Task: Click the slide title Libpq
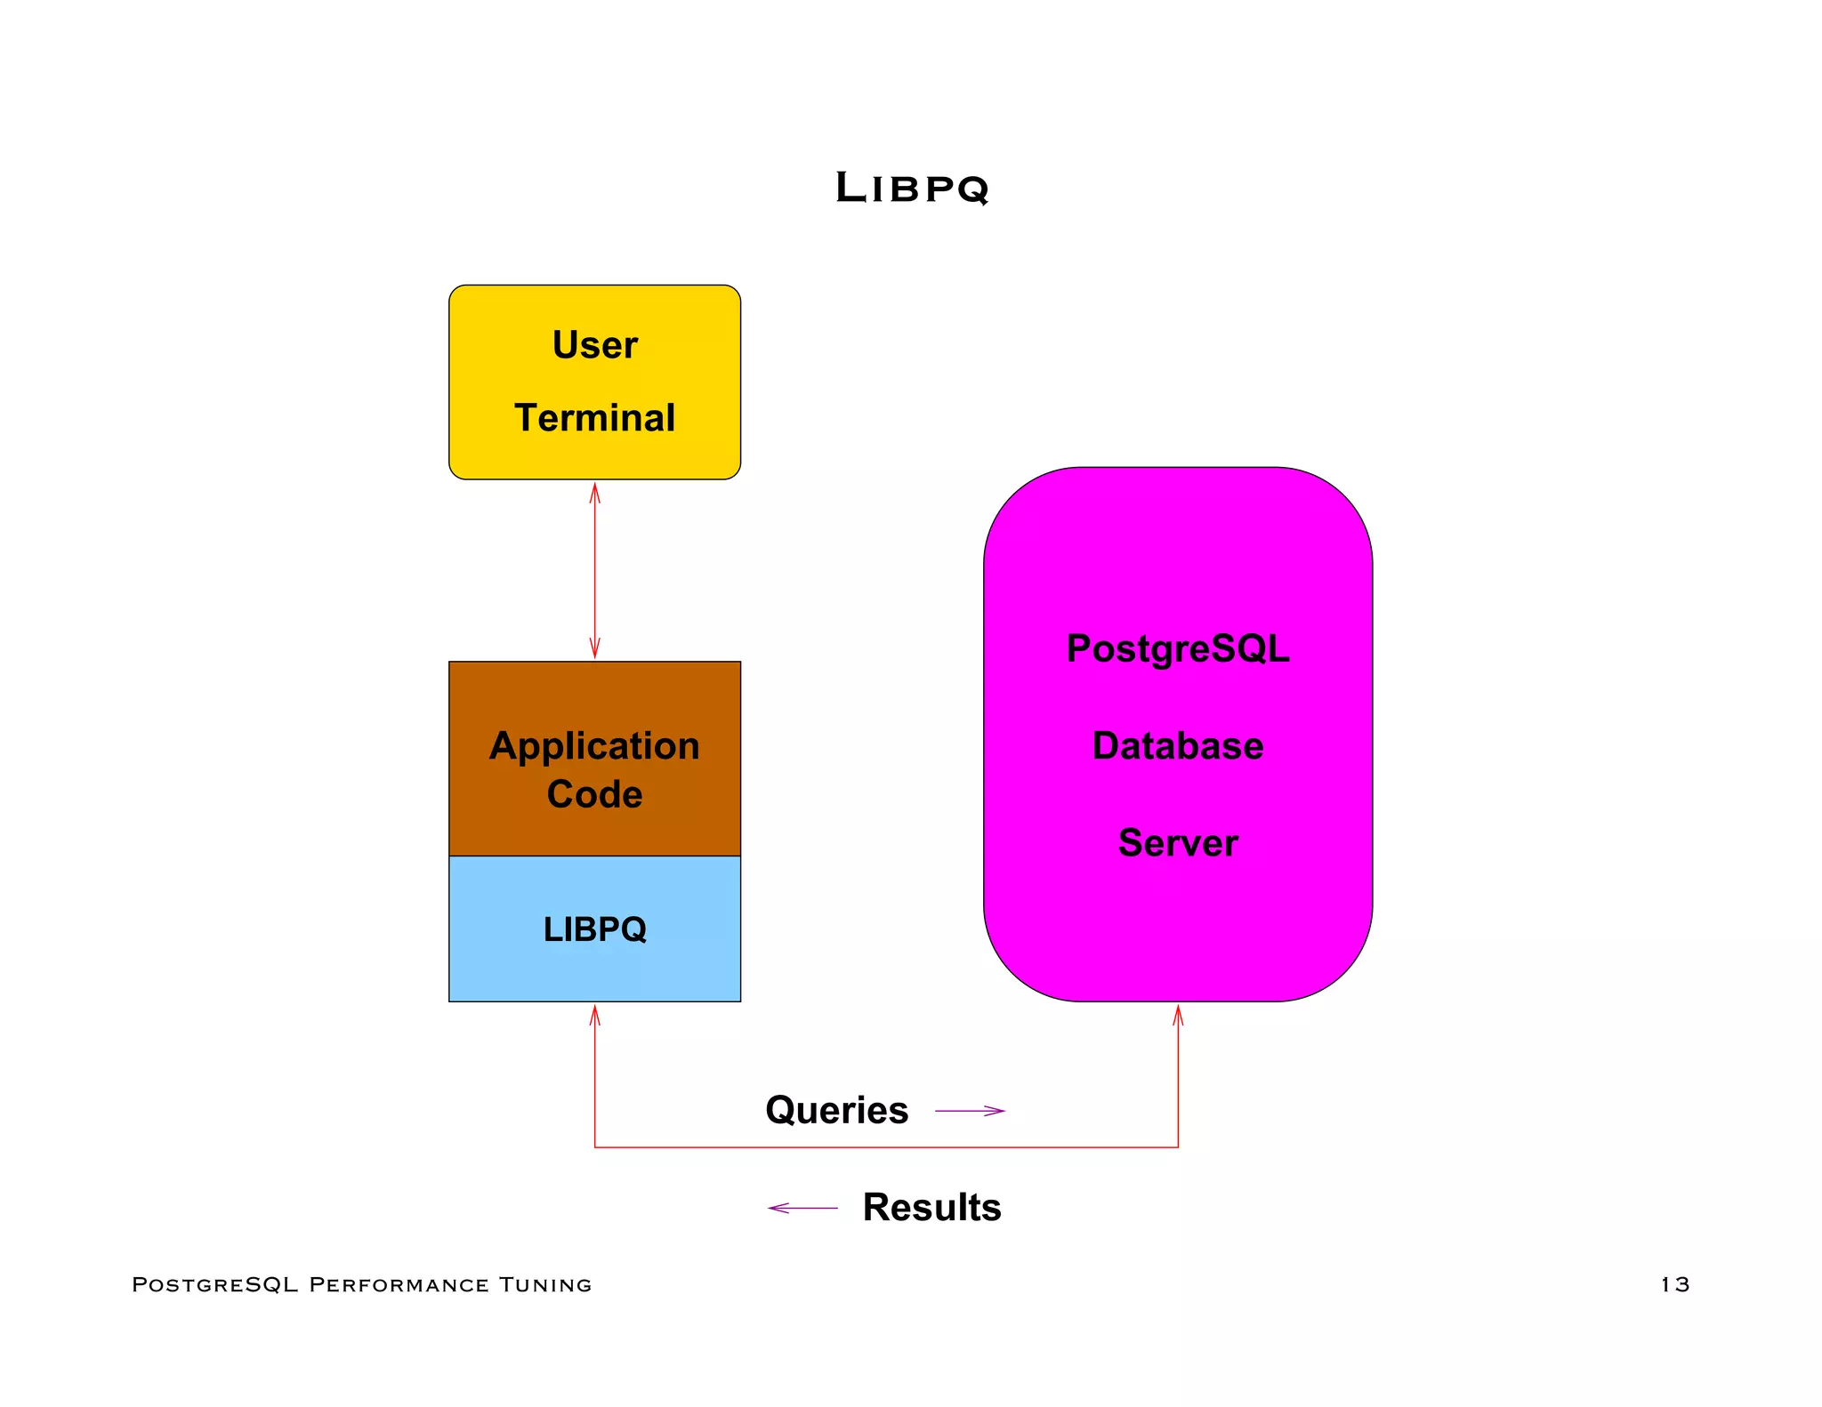(x=912, y=188)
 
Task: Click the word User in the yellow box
(x=594, y=345)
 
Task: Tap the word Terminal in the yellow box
(x=594, y=418)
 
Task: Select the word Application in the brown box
(x=594, y=746)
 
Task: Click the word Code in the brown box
(x=594, y=794)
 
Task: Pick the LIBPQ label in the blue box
(x=594, y=929)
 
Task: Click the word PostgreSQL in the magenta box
(x=1177, y=649)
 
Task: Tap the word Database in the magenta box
(x=1177, y=746)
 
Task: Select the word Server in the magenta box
(x=1177, y=843)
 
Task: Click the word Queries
(x=836, y=1110)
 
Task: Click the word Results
(x=931, y=1208)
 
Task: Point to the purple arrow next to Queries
(x=970, y=1111)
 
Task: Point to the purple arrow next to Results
(x=802, y=1208)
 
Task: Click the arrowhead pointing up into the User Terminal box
(x=594, y=492)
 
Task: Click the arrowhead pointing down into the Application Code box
(x=594, y=648)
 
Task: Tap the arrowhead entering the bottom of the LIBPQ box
(x=594, y=1015)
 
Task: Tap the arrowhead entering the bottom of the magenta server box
(x=1178, y=1015)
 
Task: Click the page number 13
(x=1674, y=1284)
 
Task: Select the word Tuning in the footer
(x=544, y=1284)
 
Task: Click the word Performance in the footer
(x=399, y=1284)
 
